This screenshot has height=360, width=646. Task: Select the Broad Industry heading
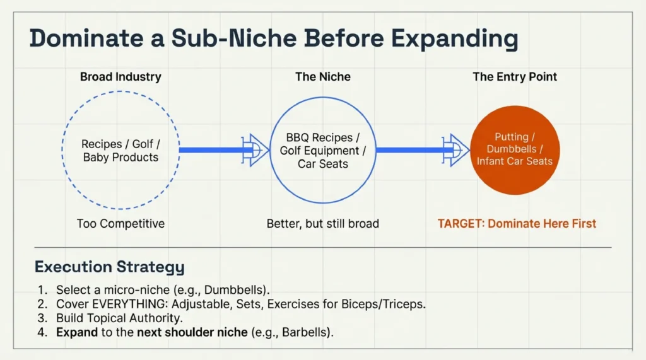coord(120,77)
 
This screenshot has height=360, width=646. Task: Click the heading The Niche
coord(322,77)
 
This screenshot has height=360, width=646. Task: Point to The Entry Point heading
coord(515,77)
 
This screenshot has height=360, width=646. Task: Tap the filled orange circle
coord(515,150)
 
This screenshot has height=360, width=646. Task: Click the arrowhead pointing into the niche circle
coord(255,150)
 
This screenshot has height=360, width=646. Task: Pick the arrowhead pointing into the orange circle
coord(456,150)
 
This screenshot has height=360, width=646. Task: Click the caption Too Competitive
coord(120,223)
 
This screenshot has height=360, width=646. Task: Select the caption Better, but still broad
coord(322,223)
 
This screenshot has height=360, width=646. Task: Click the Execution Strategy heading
coord(109,267)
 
